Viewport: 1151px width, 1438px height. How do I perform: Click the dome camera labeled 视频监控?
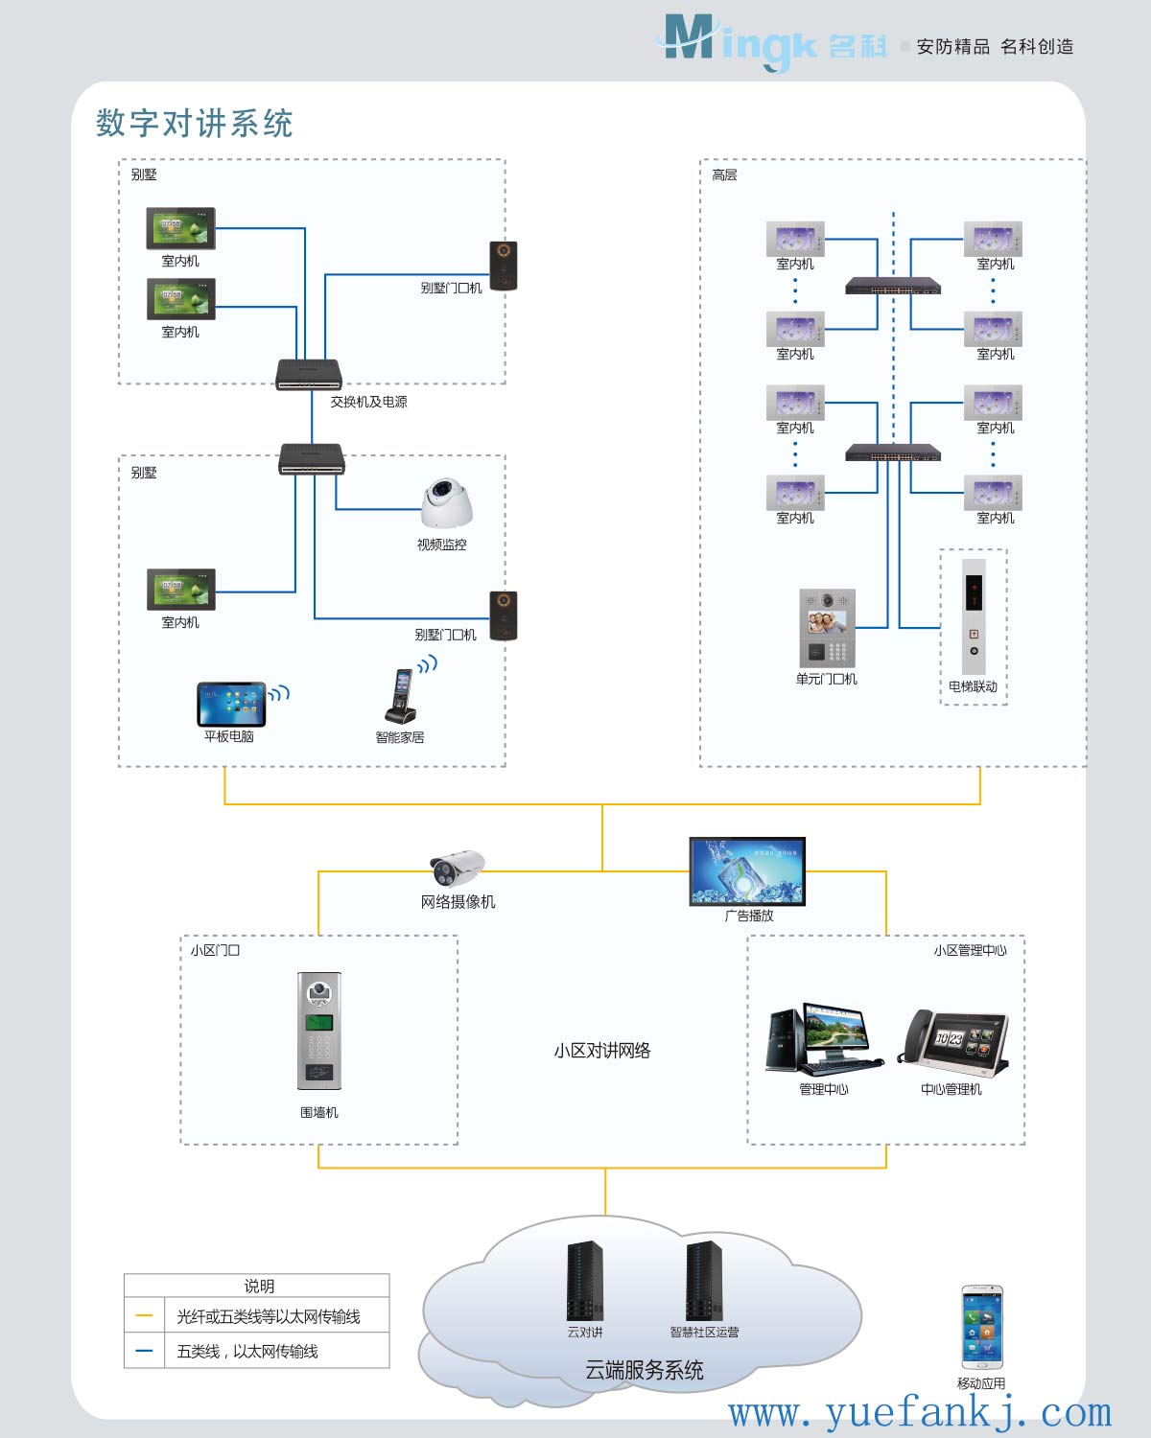(447, 502)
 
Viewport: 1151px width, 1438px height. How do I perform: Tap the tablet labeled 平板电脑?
(231, 705)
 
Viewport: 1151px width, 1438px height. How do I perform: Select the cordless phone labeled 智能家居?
(401, 696)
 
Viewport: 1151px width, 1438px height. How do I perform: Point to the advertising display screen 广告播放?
(747, 871)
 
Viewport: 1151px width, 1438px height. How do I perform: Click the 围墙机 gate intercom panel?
(319, 1031)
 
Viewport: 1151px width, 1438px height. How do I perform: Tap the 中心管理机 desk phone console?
(953, 1039)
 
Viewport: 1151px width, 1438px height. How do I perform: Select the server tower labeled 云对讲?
(585, 1281)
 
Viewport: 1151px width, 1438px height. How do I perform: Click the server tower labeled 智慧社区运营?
(704, 1281)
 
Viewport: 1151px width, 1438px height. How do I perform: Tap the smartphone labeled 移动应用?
(982, 1328)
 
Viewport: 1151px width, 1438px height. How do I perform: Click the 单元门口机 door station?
(827, 628)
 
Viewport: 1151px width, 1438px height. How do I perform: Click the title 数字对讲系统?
(195, 124)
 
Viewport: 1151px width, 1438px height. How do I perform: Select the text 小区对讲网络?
(602, 1051)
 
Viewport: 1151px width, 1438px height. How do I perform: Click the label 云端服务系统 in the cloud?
(645, 1370)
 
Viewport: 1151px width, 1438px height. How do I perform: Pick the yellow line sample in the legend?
(145, 1316)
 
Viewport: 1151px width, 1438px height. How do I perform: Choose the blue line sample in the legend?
(145, 1351)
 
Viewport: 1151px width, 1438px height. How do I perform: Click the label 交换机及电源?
(368, 402)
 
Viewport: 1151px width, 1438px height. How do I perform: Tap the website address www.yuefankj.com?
(920, 1413)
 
